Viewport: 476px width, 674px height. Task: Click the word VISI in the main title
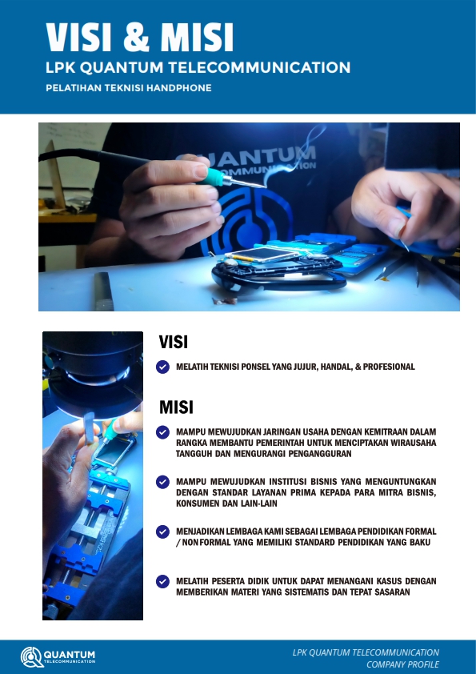click(x=79, y=38)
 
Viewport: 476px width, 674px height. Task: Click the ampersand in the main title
click(x=136, y=38)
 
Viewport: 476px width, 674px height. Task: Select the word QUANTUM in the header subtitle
click(x=122, y=67)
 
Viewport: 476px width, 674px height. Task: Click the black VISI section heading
click(x=174, y=342)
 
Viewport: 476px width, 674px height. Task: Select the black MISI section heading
click(x=176, y=407)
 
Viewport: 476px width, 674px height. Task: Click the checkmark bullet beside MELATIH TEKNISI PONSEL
click(x=163, y=367)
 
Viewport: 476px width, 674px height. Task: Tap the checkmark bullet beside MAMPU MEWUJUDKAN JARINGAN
click(x=163, y=432)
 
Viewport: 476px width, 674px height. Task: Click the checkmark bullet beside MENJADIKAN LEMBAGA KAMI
click(x=163, y=532)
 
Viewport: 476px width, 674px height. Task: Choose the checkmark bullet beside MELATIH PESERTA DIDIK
click(x=163, y=582)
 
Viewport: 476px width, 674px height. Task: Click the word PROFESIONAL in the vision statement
click(x=389, y=367)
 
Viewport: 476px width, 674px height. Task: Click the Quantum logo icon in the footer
click(x=31, y=657)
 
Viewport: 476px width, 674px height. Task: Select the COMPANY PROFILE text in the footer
click(x=402, y=664)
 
